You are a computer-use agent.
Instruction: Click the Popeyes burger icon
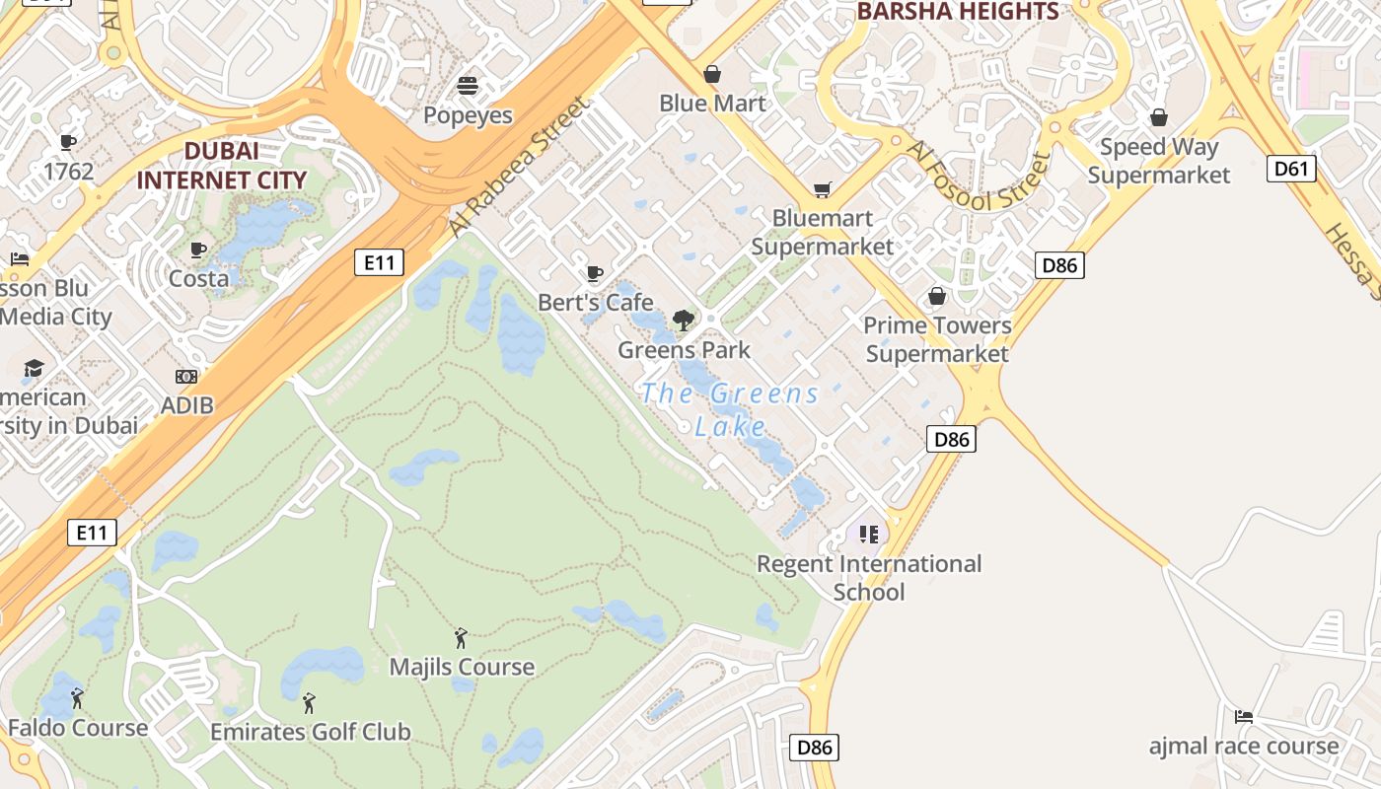pos(468,86)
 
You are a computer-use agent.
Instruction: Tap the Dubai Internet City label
pos(221,166)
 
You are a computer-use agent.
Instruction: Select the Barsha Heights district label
pos(958,12)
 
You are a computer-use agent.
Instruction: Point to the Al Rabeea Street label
pos(517,166)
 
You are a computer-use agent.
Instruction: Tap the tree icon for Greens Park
pos(683,321)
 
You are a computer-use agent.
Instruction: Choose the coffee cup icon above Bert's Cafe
pos(594,273)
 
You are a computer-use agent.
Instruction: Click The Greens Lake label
pos(730,409)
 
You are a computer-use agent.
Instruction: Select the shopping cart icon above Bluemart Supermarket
pos(822,189)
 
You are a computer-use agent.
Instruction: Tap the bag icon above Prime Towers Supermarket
pos(937,296)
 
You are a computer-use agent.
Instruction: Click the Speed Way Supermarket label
pos(1159,161)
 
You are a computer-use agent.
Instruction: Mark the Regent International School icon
pos(868,535)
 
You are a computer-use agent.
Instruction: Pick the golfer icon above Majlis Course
pos(460,638)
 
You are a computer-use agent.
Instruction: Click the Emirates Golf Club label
pos(310,732)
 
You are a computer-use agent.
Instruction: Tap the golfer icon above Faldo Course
pos(77,699)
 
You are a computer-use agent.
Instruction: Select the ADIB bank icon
pos(186,377)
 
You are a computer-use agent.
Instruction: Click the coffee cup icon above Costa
pos(198,250)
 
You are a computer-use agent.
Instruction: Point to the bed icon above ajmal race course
pos(1244,717)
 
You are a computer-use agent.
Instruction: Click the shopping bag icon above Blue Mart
pos(711,74)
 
